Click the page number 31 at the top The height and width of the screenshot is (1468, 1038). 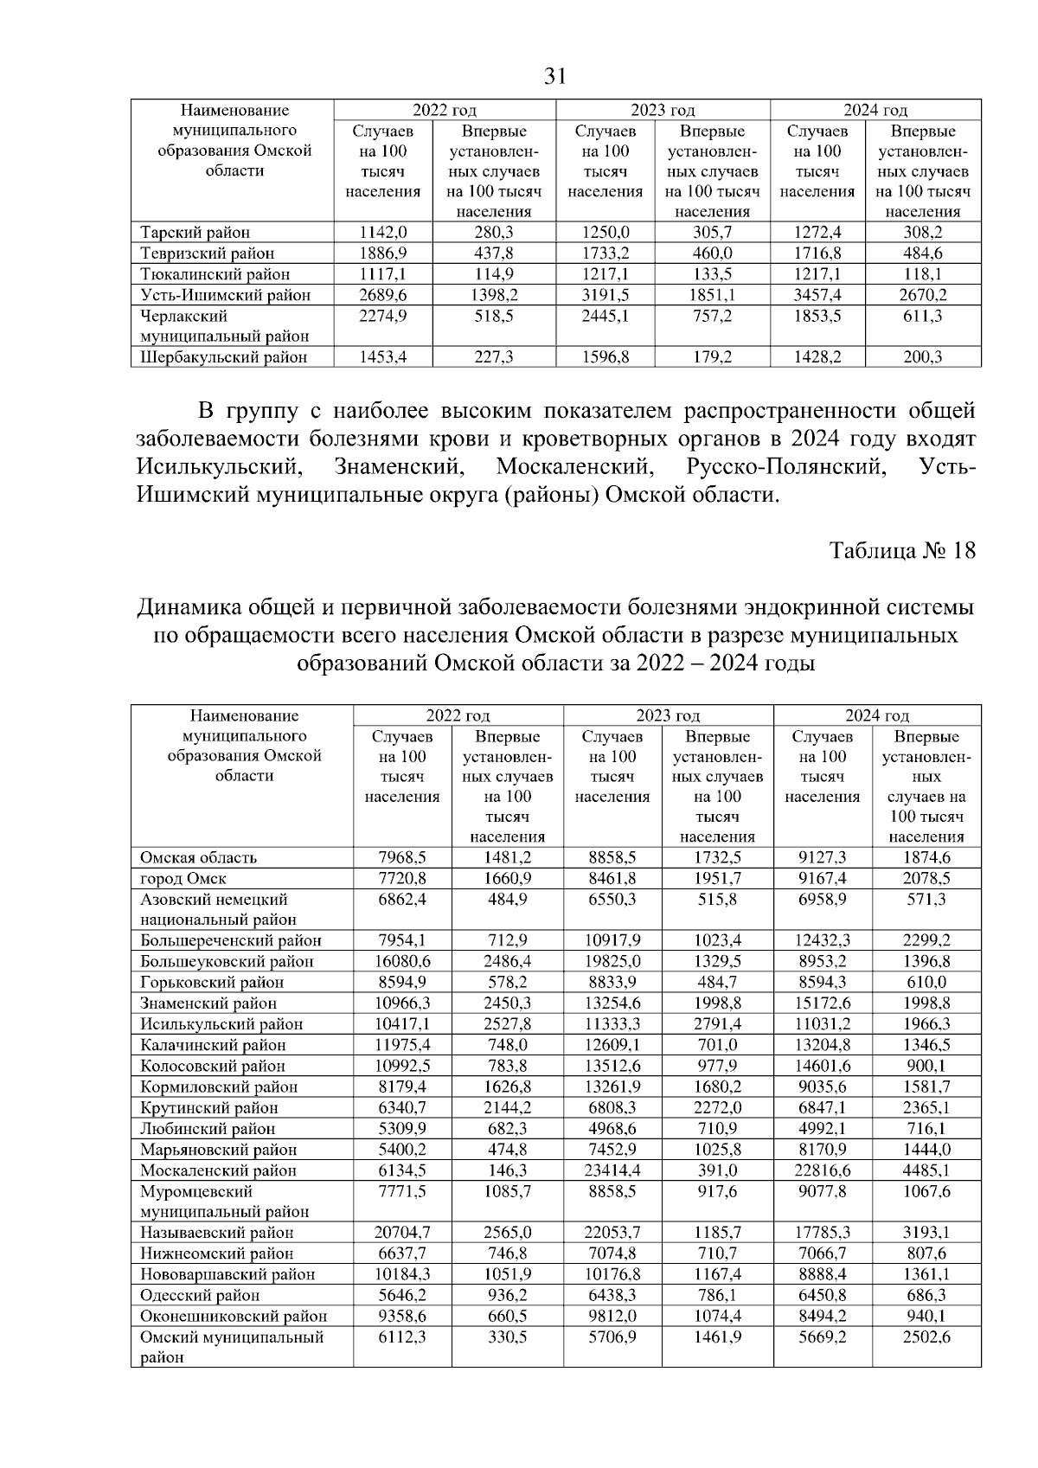[x=554, y=77]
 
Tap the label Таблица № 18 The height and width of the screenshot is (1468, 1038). [x=902, y=551]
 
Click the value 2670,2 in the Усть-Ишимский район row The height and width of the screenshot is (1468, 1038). [x=923, y=295]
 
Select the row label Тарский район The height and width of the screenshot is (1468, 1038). [x=195, y=232]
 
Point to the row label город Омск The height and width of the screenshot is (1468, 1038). [x=183, y=879]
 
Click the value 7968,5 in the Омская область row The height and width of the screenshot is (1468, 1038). [x=402, y=858]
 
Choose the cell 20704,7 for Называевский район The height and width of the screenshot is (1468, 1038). [x=402, y=1233]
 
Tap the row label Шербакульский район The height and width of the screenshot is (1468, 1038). [x=224, y=357]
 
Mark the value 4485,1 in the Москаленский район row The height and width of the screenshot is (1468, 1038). [x=926, y=1170]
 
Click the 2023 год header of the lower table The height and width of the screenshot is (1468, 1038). [x=668, y=716]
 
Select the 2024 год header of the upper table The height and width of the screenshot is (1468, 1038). [x=875, y=111]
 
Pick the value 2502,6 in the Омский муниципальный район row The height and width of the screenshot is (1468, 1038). [x=926, y=1337]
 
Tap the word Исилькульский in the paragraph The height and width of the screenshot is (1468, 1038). [x=218, y=468]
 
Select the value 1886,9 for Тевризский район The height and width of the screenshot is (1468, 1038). [x=382, y=253]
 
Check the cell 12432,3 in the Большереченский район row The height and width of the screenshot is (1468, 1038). [x=822, y=941]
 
